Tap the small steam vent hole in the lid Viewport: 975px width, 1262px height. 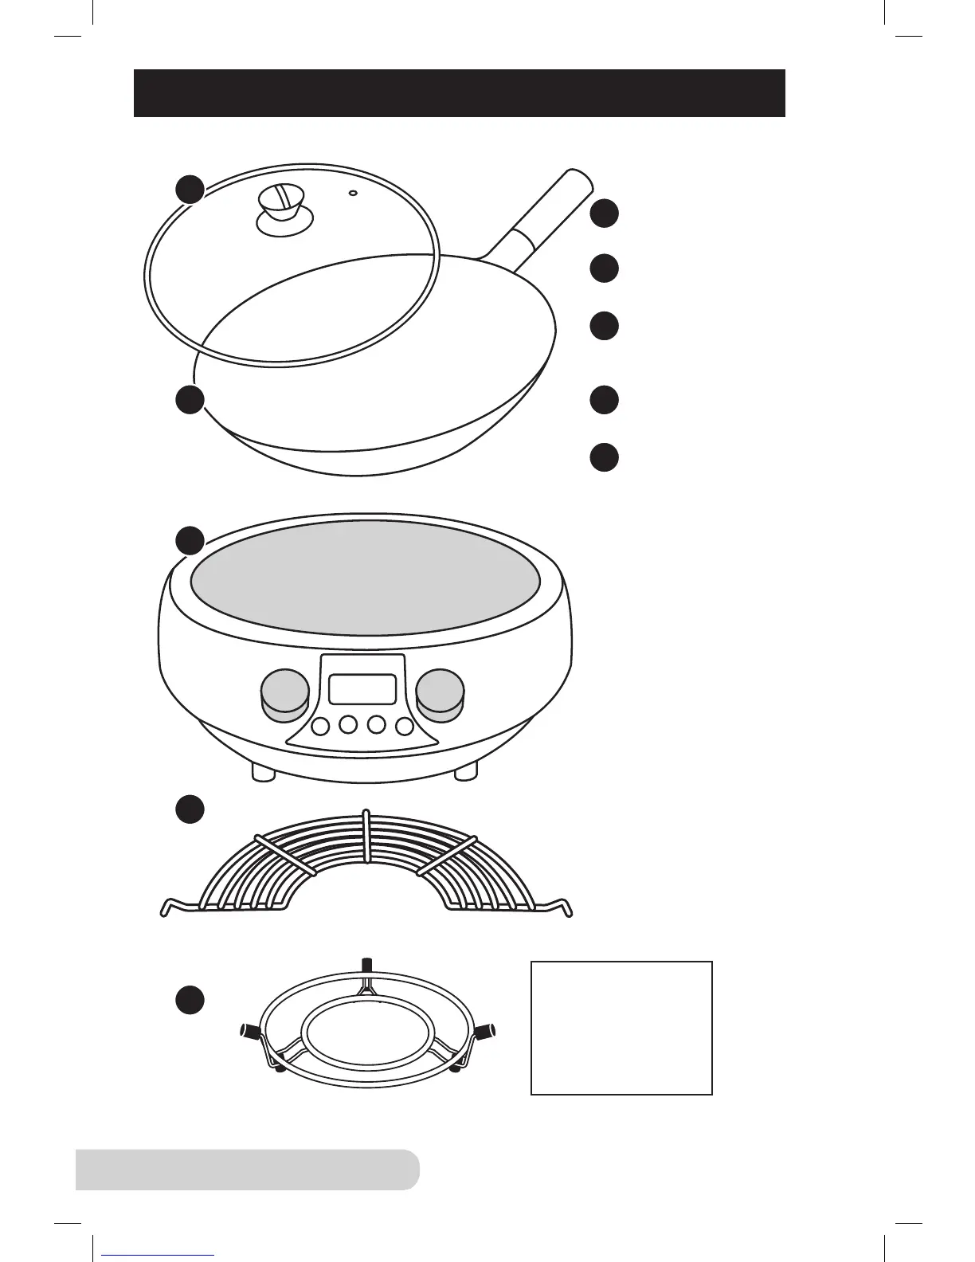pyautogui.click(x=353, y=192)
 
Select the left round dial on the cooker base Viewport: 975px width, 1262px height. pyautogui.click(x=284, y=692)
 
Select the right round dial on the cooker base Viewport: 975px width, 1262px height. pyautogui.click(x=439, y=691)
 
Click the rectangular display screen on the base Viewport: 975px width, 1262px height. pyautogui.click(x=362, y=688)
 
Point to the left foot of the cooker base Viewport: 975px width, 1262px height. pyautogui.click(x=263, y=770)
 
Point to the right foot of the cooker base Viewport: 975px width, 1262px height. pyautogui.click(x=465, y=770)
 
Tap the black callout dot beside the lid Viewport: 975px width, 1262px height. pyautogui.click(x=190, y=189)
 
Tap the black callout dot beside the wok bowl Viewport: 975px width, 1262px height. pyautogui.click(x=190, y=400)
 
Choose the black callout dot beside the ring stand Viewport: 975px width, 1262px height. pyautogui.click(x=190, y=1000)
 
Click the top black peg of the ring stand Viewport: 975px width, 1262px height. pyautogui.click(x=366, y=963)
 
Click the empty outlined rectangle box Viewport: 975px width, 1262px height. pyautogui.click(x=621, y=1028)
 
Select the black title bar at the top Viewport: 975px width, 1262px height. pyautogui.click(x=460, y=93)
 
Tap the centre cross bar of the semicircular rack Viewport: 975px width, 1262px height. pyautogui.click(x=366, y=837)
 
